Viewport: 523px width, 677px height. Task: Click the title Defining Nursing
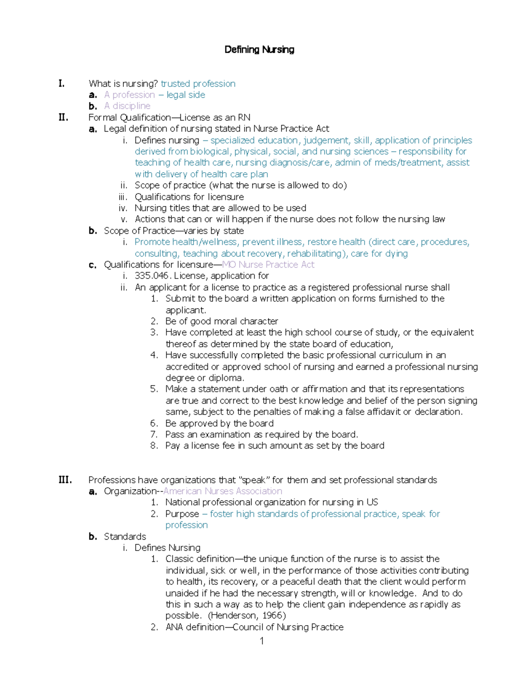point(259,50)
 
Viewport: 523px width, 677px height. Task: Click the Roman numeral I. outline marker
point(61,84)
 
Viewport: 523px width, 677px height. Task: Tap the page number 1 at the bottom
point(261,641)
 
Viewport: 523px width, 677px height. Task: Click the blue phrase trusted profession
point(198,84)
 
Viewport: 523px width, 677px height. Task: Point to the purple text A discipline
point(127,106)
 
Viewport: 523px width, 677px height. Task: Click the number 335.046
point(153,276)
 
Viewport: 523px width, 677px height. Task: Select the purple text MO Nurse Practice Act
point(268,265)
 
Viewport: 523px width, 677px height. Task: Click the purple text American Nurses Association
point(223,491)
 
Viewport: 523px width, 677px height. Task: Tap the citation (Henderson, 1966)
point(247,616)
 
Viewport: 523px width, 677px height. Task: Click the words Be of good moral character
point(221,321)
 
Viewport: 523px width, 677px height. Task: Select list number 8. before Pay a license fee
point(154,446)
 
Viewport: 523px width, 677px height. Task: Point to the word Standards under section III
point(125,537)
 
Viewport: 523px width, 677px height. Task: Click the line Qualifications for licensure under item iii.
point(189,197)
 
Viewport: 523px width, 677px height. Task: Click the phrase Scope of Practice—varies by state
point(173,231)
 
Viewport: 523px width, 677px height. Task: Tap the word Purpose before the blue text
point(182,514)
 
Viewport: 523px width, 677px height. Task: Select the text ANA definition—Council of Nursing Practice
point(254,627)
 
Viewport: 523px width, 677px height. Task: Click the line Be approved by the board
point(219,423)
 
